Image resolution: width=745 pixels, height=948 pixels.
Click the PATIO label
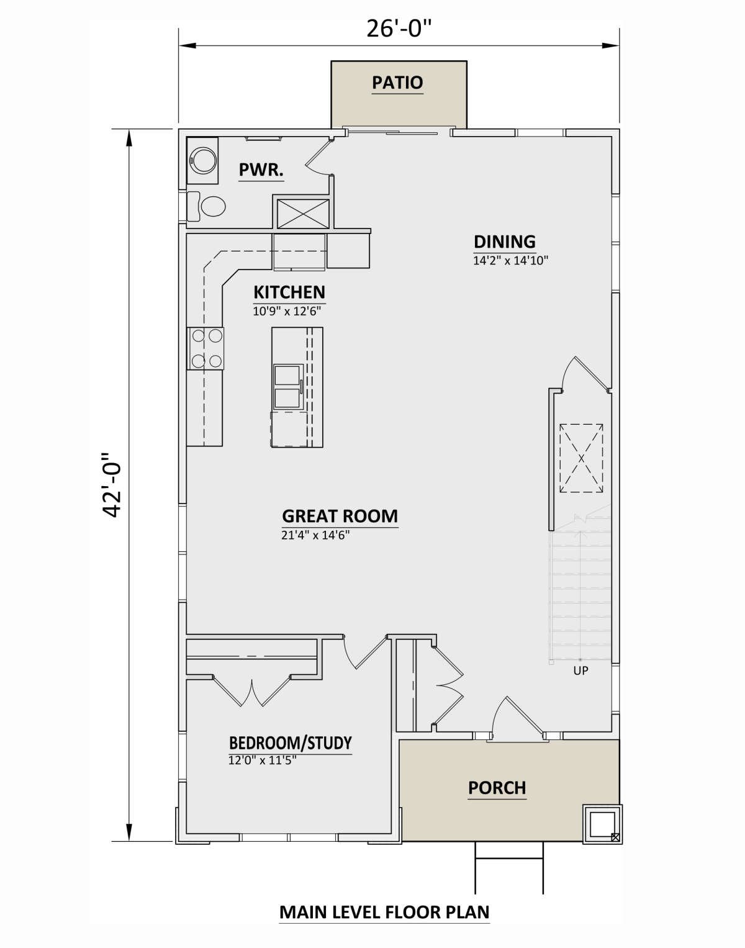(397, 83)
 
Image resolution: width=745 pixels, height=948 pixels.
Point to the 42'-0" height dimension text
(112, 485)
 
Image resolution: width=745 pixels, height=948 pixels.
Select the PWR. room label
(261, 169)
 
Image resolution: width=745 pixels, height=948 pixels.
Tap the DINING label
(505, 242)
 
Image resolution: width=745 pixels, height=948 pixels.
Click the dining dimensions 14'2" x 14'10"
(510, 261)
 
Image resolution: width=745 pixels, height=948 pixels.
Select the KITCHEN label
(289, 292)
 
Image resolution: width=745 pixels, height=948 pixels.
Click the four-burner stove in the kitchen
(205, 348)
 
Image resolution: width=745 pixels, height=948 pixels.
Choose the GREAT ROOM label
(340, 516)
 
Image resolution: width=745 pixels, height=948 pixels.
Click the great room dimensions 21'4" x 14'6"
(316, 535)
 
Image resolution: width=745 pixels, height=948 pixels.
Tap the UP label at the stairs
(580, 670)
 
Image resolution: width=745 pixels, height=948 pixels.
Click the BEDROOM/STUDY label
(290, 743)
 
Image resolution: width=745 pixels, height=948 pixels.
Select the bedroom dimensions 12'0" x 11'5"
(263, 761)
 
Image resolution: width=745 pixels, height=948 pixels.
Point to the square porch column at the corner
(602, 823)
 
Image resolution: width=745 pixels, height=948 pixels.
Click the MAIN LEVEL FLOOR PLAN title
(384, 912)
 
